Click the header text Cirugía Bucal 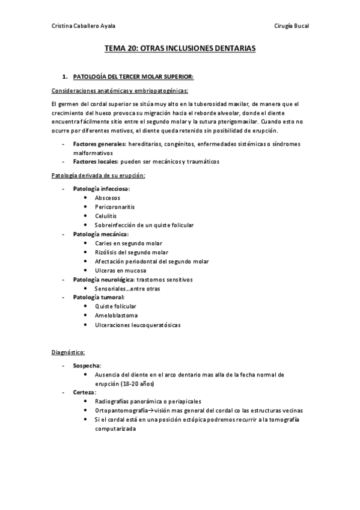(291, 25)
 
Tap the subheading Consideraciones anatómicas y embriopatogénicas (120, 91)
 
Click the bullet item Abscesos (108, 197)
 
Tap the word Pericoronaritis (114, 206)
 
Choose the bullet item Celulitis (106, 215)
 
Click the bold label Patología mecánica (100, 233)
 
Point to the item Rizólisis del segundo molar (132, 252)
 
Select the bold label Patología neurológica (103, 280)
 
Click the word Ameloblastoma (116, 315)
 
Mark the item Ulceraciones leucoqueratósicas (138, 325)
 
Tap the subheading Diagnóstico (68, 352)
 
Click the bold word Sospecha (87, 365)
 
